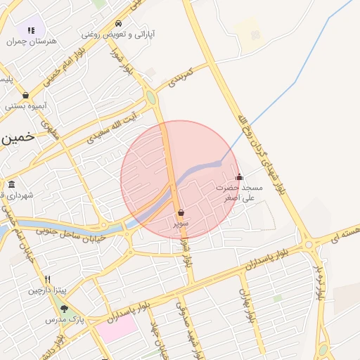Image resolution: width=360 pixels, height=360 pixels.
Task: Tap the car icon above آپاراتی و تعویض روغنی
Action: coord(119,22)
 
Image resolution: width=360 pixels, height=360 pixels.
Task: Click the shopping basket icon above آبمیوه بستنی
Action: coord(26,95)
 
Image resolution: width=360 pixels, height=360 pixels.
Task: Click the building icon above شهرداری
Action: coord(13,184)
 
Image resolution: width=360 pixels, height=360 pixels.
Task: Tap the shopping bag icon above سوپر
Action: coord(181,212)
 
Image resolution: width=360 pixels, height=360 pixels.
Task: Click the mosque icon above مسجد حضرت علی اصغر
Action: coord(239,176)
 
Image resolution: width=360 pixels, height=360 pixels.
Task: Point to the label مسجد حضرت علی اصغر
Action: coord(239,193)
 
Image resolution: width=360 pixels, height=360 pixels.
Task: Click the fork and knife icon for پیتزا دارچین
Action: coord(47,279)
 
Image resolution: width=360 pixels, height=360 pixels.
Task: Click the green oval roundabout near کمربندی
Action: coord(150,98)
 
